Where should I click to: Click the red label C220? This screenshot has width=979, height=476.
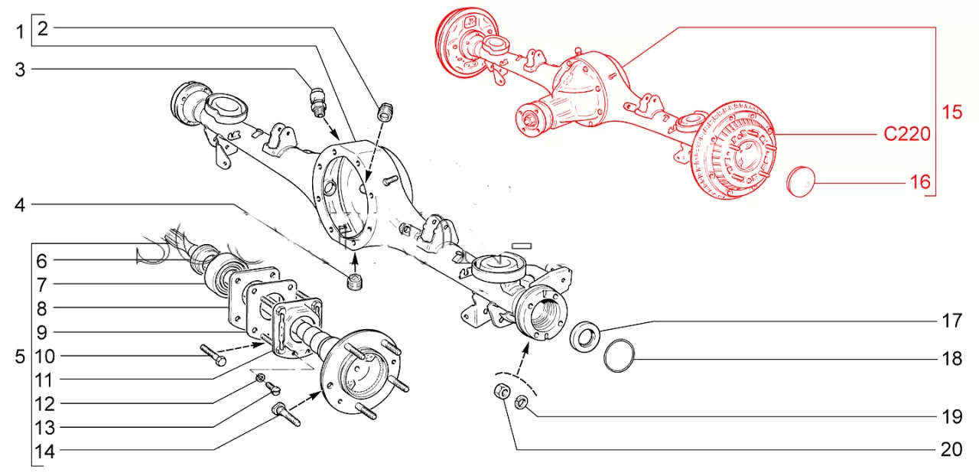907,134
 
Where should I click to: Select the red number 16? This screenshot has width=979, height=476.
920,182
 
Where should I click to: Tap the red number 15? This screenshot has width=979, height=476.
951,112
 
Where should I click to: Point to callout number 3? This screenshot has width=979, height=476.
20,70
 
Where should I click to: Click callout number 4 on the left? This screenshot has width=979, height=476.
20,205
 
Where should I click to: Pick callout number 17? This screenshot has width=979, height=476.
951,321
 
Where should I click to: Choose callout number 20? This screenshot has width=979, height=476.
951,449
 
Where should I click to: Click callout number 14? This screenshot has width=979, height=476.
45,452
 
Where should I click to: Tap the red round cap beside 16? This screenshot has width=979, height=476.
801,181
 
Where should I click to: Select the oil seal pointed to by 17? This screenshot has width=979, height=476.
585,336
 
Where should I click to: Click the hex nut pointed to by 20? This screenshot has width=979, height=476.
501,390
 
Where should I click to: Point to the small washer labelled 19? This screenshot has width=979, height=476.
521,401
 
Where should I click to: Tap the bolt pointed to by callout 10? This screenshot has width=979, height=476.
213,355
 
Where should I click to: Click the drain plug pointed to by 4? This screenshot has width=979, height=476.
356,282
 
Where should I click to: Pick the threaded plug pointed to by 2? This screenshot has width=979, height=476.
385,112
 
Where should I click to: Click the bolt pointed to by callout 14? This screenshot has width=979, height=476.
286,414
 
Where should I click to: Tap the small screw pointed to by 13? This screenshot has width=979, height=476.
272,388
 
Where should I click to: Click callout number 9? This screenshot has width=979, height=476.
41,333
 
